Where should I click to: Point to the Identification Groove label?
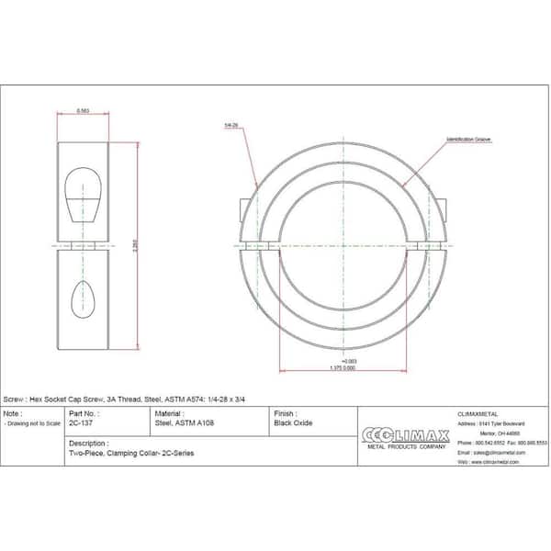[x=467, y=139]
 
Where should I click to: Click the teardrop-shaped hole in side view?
[x=83, y=300]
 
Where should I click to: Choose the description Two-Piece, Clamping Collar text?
[x=131, y=454]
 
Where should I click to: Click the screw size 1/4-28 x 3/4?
[x=221, y=399]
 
